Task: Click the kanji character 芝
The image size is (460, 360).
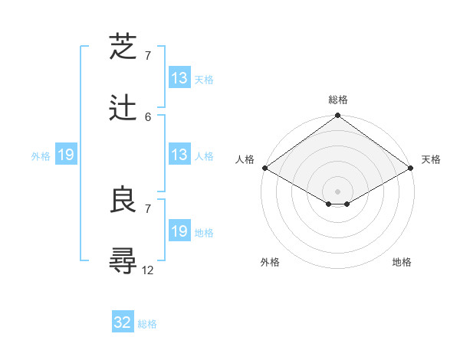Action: [x=123, y=47]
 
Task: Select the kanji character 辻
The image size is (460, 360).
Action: [x=123, y=109]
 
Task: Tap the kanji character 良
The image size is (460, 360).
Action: [x=123, y=201]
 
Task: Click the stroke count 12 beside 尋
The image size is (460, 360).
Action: [x=148, y=270]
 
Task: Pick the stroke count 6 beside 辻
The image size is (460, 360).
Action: [x=148, y=116]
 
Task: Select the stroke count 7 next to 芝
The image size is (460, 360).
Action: [x=148, y=55]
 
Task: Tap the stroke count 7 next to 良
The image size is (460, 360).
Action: [x=148, y=208]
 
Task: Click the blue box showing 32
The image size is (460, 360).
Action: [x=123, y=322]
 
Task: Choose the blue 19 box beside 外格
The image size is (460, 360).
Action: [x=66, y=155]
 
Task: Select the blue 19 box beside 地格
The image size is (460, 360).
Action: [x=179, y=232]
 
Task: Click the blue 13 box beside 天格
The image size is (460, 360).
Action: [x=179, y=78]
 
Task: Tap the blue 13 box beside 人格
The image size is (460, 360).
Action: [x=179, y=155]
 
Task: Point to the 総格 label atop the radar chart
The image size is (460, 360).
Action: [x=338, y=100]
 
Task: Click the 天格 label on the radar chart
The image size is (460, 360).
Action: [x=431, y=159]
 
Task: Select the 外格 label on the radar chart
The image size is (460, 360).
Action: [x=270, y=262]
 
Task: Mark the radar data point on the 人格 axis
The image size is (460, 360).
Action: [x=264, y=168]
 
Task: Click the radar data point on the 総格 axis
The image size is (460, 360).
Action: [x=337, y=116]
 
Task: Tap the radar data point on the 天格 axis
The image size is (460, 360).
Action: [x=411, y=168]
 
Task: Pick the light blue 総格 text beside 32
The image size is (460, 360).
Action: [x=147, y=324]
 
